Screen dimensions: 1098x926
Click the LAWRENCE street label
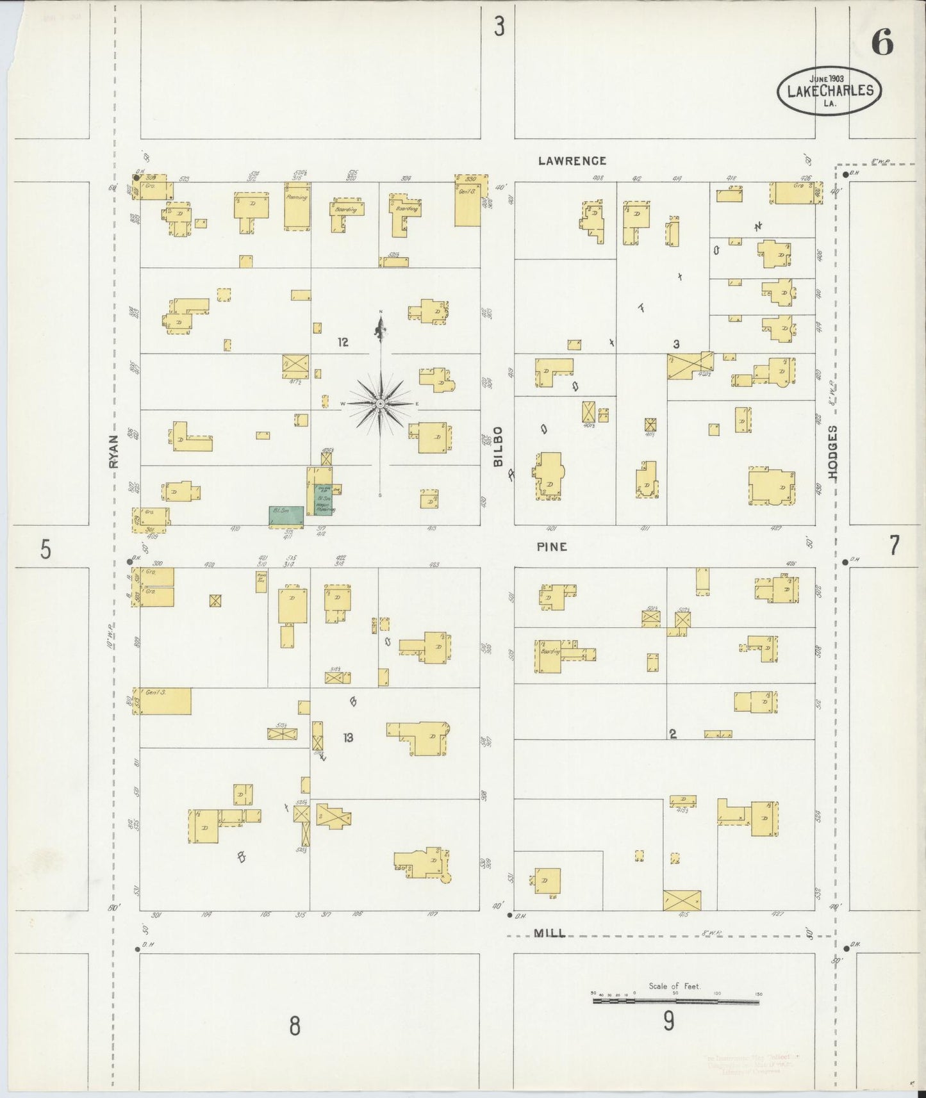572,161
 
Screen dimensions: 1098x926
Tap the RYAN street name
115,451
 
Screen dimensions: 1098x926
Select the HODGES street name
832,452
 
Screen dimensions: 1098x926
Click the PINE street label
552,546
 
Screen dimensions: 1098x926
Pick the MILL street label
550,933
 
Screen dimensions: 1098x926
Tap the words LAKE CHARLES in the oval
830,90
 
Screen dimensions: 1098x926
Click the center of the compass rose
380,404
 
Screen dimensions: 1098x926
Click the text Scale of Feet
674,986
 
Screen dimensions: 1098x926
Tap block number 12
343,342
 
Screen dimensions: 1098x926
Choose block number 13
347,737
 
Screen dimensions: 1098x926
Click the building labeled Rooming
297,206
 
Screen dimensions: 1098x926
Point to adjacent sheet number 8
294,1026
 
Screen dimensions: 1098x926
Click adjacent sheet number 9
668,1020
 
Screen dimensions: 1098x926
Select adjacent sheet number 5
45,549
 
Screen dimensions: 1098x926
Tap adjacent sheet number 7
894,546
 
